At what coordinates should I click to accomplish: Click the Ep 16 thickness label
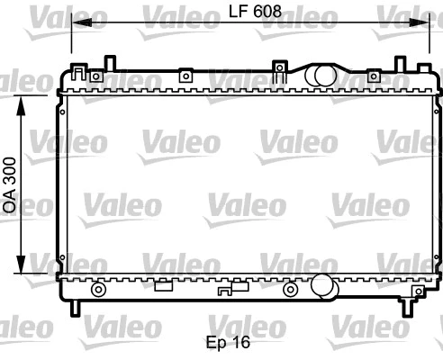226,342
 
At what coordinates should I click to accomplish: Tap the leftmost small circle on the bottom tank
98,290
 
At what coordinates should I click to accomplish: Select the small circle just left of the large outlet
289,290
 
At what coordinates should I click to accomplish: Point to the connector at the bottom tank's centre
232,289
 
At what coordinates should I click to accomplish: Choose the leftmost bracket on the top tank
81,73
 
